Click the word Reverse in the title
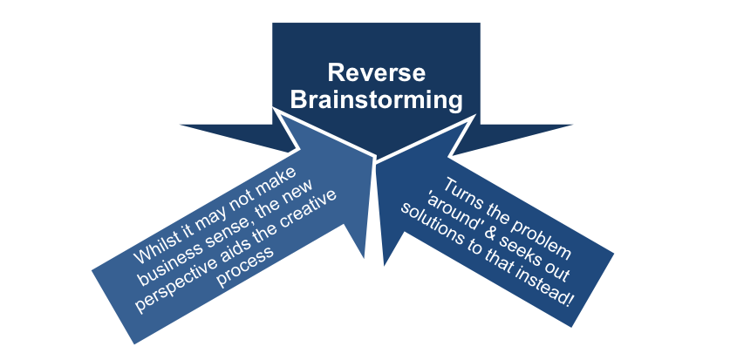tap(376, 73)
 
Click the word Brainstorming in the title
tap(376, 100)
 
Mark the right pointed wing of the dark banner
tap(518, 136)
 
